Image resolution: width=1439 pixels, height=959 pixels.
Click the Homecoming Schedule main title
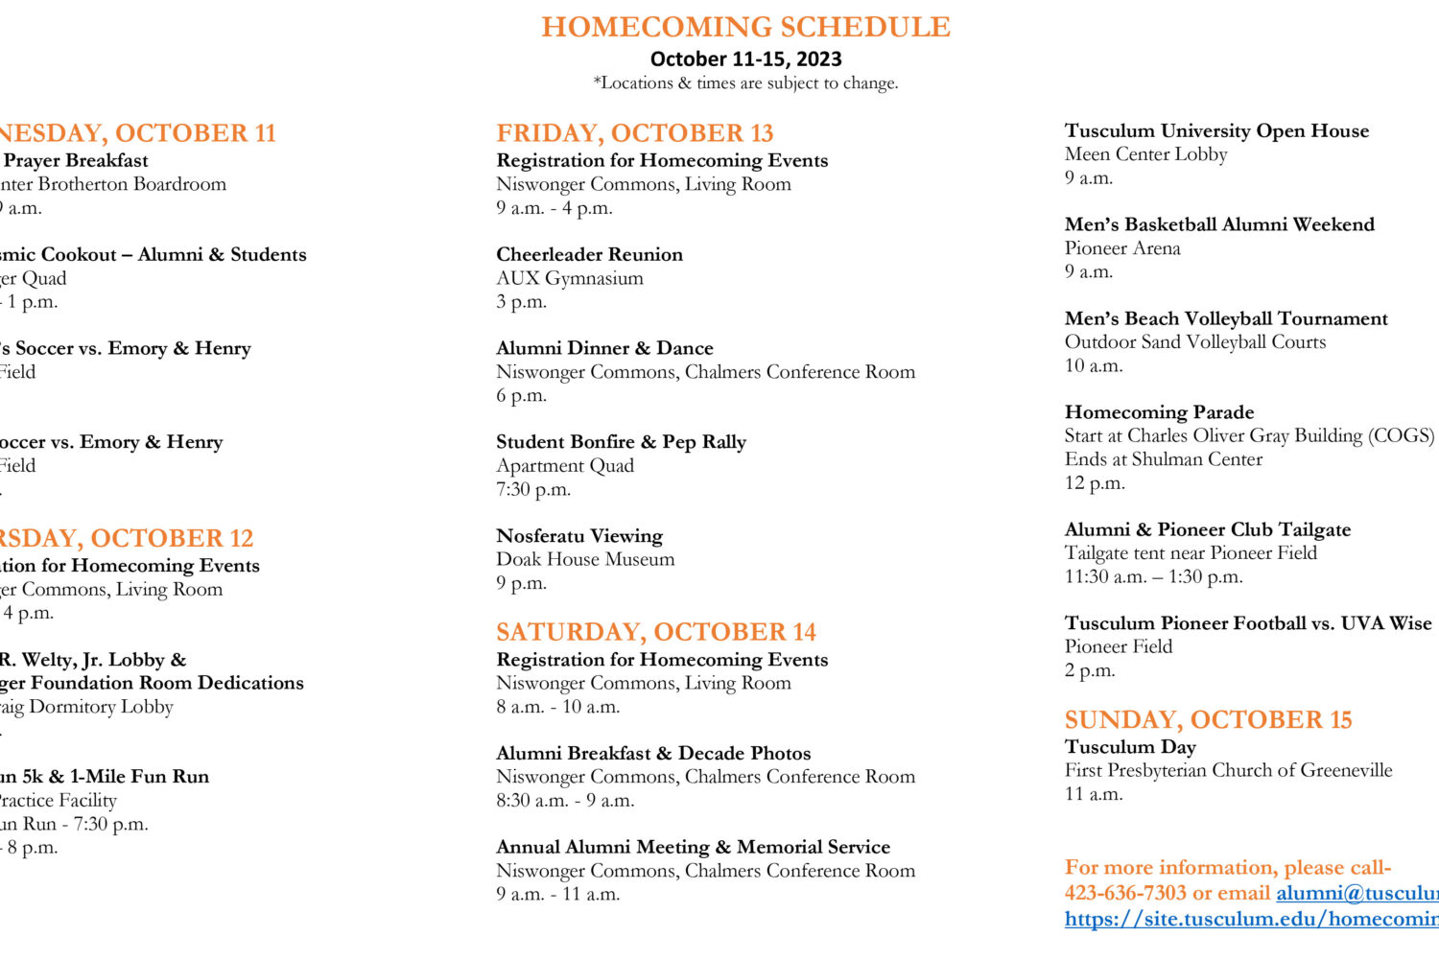pos(745,27)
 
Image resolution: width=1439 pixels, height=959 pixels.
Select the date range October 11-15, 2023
pos(745,59)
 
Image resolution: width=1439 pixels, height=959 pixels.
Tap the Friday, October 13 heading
pos(634,133)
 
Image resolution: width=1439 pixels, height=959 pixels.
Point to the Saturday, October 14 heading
pos(655,632)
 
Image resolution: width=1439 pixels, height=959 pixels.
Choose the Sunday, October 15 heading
pos(1208,720)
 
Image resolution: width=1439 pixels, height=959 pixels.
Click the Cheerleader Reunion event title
pos(589,254)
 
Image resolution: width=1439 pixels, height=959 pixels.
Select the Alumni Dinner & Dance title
pos(604,348)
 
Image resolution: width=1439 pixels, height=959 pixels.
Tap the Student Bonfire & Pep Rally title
pos(621,442)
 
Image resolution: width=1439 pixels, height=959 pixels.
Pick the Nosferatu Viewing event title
pos(579,536)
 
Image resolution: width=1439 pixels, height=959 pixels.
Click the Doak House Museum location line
pos(585,559)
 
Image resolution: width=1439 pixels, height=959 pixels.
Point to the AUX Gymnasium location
pos(570,278)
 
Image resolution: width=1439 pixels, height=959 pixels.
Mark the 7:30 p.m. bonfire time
pos(533,489)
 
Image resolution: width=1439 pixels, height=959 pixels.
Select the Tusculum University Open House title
pos(1216,130)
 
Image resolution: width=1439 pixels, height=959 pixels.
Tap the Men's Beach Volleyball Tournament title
pos(1226,318)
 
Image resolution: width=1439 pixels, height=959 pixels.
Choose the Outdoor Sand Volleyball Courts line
pos(1195,342)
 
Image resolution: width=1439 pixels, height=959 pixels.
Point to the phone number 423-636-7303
pos(1125,893)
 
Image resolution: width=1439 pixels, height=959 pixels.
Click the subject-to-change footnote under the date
pos(745,83)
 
